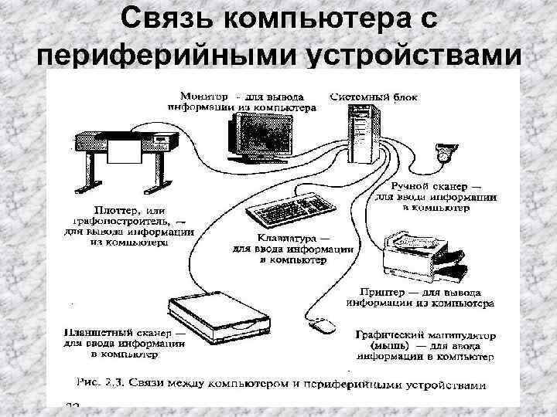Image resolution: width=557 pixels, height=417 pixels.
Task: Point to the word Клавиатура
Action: click(x=287, y=239)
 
